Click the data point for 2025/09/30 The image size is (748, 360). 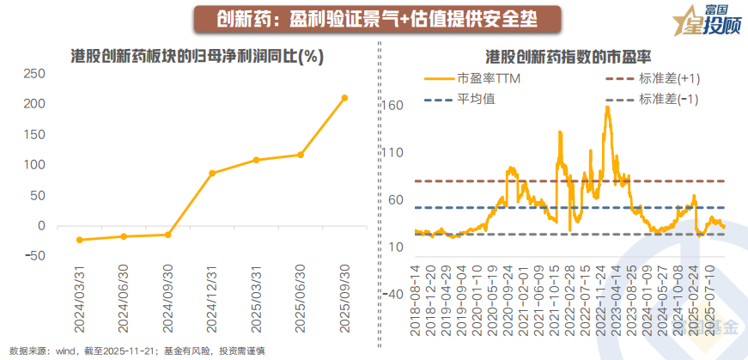coord(345,98)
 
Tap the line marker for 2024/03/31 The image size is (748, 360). coord(80,240)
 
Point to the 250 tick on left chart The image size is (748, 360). coord(33,73)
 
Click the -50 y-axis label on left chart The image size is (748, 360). coord(33,256)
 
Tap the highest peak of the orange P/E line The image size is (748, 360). coord(607,107)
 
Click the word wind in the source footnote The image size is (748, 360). coord(66,350)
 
